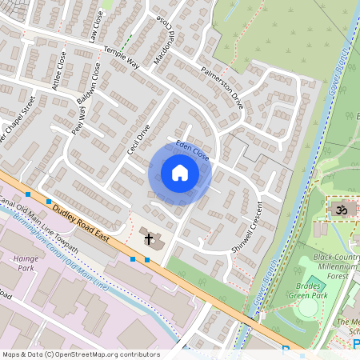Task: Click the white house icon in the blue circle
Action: click(x=180, y=173)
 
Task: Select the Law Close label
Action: click(x=96, y=29)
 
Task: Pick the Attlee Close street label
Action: click(x=58, y=70)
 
